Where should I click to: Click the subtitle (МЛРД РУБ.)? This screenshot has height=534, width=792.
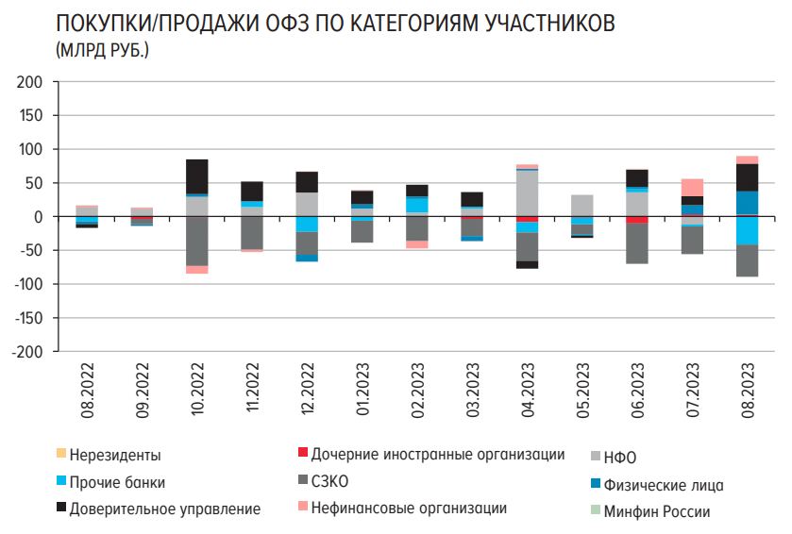pos(103,49)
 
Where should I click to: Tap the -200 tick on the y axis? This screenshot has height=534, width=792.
pos(28,351)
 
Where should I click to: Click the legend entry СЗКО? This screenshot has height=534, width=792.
pos(329,483)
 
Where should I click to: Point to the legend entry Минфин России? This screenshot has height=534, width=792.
pos(659,512)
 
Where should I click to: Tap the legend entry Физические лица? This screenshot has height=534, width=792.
pos(664,486)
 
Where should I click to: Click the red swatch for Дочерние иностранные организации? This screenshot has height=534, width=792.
pos(301,455)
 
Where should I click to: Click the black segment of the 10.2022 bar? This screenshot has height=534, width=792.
pos(197,175)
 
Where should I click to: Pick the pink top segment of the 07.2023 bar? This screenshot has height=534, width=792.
pos(693,187)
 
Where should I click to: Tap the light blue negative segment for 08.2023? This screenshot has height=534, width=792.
pos(748,230)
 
